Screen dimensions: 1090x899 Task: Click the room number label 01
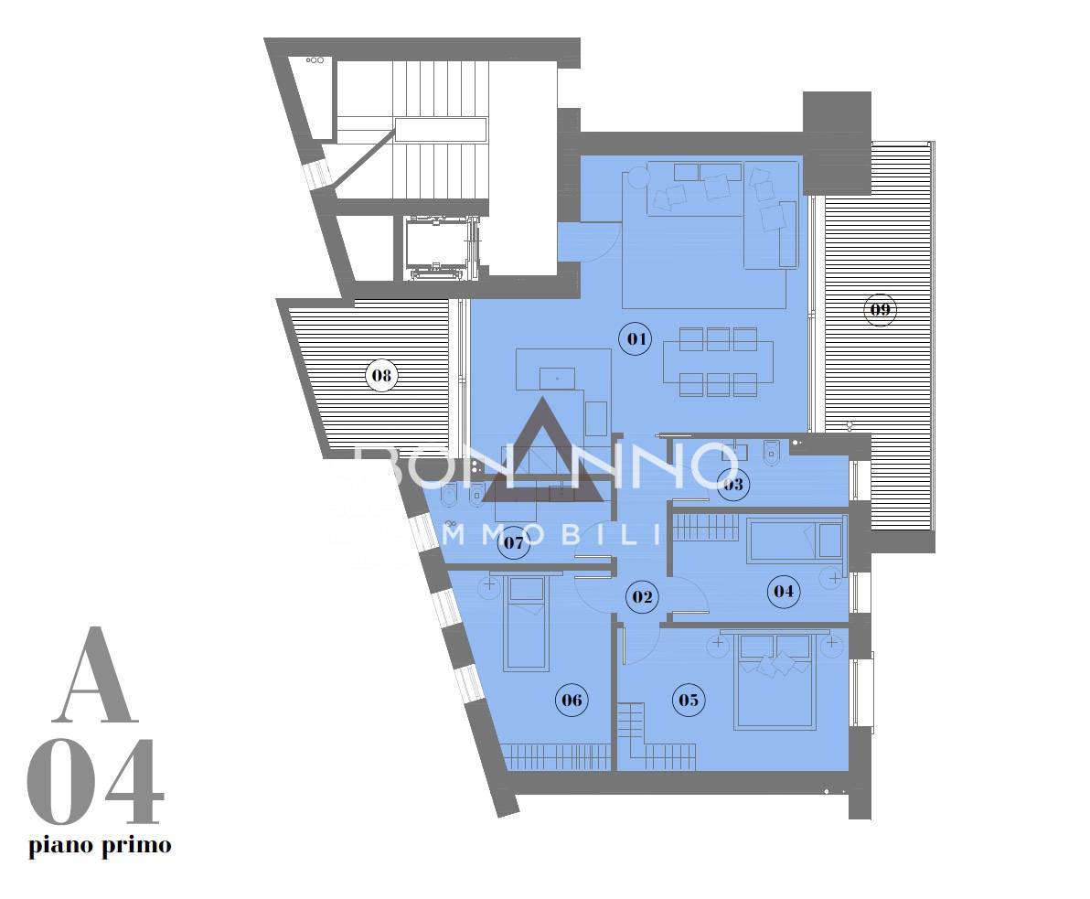(636, 339)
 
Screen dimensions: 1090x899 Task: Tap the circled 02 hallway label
(641, 596)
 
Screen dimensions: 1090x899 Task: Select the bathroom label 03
(732, 484)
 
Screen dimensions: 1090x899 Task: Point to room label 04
(784, 591)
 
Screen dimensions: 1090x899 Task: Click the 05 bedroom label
(689, 700)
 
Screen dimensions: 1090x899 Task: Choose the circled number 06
(572, 700)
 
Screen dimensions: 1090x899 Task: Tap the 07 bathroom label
(514, 542)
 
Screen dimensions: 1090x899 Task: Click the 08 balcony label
(381, 376)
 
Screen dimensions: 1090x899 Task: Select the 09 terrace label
(880, 309)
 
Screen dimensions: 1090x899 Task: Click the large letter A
(94, 675)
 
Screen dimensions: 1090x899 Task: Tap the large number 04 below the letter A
(95, 782)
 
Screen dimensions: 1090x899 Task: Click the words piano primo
(100, 846)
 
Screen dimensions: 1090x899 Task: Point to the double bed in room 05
(775, 680)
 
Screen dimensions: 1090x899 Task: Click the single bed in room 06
(526, 621)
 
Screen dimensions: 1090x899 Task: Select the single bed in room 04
(796, 540)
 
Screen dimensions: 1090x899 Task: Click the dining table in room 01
(718, 361)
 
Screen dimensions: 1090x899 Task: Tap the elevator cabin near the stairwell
(439, 248)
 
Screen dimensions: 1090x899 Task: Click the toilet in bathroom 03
(771, 453)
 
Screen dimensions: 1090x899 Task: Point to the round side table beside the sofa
(637, 177)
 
